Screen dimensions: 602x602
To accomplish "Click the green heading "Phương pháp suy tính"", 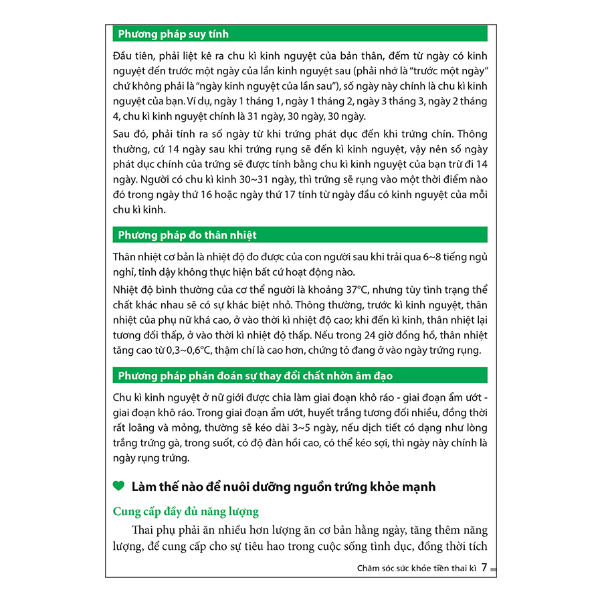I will (x=173, y=34).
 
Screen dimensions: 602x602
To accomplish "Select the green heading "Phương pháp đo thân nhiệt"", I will (x=187, y=235).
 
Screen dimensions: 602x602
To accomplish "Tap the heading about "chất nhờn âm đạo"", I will (x=255, y=376).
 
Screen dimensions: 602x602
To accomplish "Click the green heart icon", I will (x=118, y=486).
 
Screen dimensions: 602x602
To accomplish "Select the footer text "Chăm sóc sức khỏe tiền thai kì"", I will (x=407, y=569).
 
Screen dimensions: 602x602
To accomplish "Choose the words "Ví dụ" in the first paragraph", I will (x=197, y=101).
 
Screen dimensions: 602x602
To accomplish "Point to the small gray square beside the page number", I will (x=493, y=569).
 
